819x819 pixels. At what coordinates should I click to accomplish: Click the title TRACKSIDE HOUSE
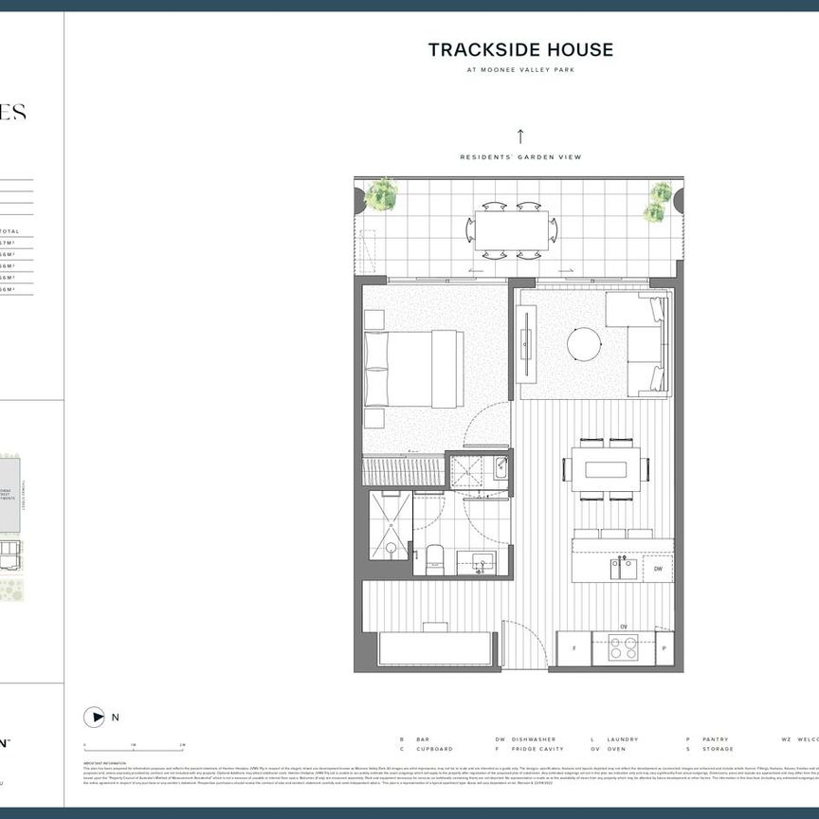click(x=520, y=50)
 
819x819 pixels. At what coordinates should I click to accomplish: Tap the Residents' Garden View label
click(x=520, y=157)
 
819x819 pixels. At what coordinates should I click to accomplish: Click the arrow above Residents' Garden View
click(x=520, y=136)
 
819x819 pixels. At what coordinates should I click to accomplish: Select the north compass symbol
click(x=94, y=717)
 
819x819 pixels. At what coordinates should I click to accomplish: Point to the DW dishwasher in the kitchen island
click(x=657, y=569)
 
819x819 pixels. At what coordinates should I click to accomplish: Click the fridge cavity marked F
click(x=573, y=649)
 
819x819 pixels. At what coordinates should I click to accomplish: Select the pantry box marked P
click(x=664, y=649)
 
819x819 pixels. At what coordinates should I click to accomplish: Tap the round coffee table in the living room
click(x=584, y=343)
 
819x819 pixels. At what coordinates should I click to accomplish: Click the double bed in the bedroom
click(x=414, y=369)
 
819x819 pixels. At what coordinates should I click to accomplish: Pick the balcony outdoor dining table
click(x=512, y=230)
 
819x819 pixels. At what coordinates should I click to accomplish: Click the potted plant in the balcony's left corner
click(x=381, y=195)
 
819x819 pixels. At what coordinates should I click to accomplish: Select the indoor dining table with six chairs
click(x=606, y=469)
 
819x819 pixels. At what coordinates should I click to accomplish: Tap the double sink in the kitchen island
click(x=625, y=568)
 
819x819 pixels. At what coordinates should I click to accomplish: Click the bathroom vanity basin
click(x=482, y=563)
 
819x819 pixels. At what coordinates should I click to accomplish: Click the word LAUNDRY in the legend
click(x=625, y=739)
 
